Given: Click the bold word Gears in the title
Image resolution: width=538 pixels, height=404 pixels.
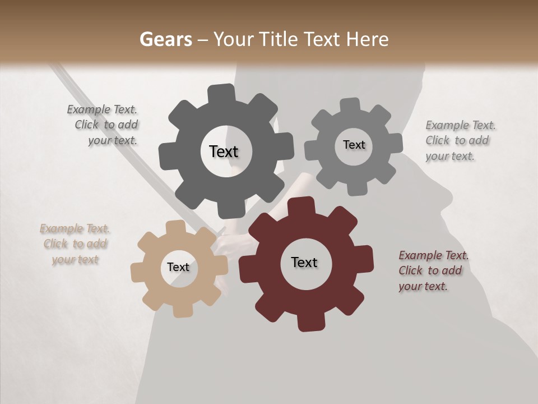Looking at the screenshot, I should (165, 40).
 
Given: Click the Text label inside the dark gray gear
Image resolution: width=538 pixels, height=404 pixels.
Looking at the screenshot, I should (224, 151).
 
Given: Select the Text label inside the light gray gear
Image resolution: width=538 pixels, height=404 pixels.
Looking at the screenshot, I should (354, 145).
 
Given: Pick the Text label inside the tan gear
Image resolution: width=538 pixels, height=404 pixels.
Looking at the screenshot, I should (178, 268).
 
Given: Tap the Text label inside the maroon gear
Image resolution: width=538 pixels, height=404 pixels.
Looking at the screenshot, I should (304, 263).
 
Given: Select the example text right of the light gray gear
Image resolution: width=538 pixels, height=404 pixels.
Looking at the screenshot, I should (460, 141).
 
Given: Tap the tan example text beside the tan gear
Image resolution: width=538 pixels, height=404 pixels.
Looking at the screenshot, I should (75, 244).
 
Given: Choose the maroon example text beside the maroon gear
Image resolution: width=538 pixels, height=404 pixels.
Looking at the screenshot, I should (433, 271).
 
